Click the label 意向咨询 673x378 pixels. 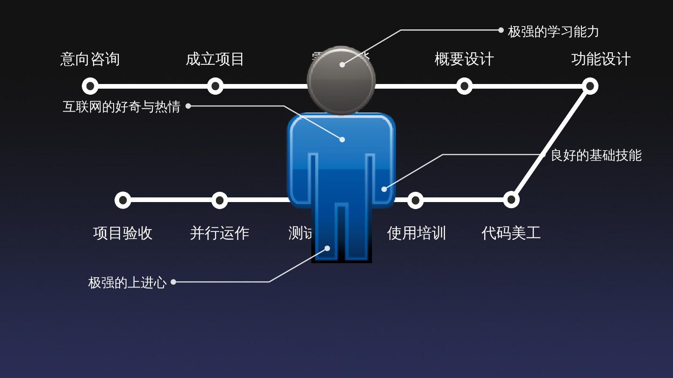tap(90, 59)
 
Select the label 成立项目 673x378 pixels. tap(215, 59)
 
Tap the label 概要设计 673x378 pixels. tap(464, 59)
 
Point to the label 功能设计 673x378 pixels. tap(601, 59)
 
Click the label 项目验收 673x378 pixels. tap(122, 233)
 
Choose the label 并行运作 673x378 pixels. tap(219, 233)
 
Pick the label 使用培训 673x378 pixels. tap(416, 233)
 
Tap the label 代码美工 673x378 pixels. tap(511, 233)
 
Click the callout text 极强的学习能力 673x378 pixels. tap(553, 32)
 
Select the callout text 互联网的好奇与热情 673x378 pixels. tap(122, 107)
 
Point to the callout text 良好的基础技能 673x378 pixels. tap(596, 155)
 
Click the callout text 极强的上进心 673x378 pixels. tap(127, 283)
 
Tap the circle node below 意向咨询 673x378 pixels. tap(90, 86)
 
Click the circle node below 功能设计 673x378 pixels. tap(590, 86)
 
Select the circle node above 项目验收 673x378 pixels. tap(122, 200)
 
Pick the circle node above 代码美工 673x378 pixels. tap(511, 200)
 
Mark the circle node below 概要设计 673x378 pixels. tap(464, 86)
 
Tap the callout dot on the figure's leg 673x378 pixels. tap(327, 248)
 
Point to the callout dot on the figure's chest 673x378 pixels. tap(342, 140)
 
